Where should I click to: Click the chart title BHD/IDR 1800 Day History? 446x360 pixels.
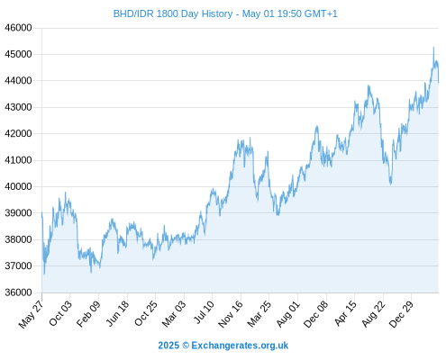point(173,13)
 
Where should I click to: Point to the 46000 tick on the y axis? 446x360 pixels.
point(18,28)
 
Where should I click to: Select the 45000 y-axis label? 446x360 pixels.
point(18,54)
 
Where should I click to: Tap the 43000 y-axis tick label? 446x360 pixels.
point(18,107)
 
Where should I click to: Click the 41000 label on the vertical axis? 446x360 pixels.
point(18,160)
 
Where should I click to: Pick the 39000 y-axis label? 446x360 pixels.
point(18,213)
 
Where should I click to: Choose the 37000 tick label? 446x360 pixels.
point(18,265)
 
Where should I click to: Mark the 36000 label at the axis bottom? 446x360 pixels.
point(18,292)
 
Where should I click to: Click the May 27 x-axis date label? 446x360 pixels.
point(32,314)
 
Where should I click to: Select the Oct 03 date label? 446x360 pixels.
point(60,313)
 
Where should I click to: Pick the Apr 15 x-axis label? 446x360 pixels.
point(345,313)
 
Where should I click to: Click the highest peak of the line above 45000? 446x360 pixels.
point(433,47)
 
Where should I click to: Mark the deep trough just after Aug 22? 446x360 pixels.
point(391,184)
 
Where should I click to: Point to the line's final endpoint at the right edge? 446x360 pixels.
point(439,82)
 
